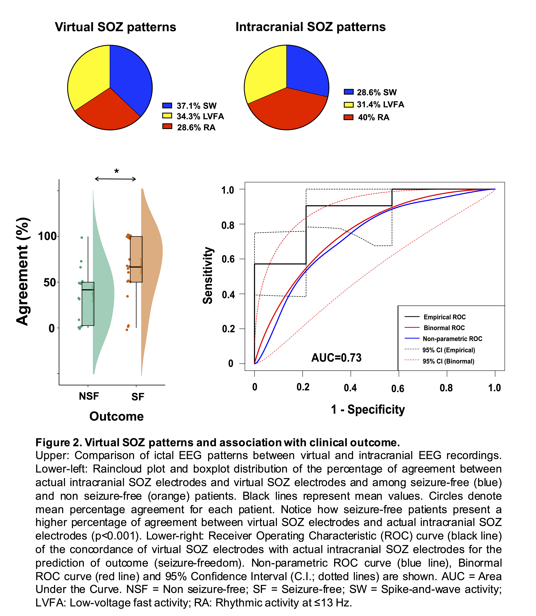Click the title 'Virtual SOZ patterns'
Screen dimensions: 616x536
pos(115,27)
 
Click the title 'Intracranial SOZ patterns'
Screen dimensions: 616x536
pos(310,27)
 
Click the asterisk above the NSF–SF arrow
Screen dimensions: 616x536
pos(116,171)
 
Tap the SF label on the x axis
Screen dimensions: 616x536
pos(138,397)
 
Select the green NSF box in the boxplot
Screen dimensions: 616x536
pos(88,304)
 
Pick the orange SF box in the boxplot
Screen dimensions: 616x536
pos(136,259)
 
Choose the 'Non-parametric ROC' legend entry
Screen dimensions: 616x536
pos(452,339)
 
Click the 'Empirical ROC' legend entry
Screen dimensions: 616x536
pos(444,317)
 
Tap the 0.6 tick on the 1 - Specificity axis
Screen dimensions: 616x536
pos(398,388)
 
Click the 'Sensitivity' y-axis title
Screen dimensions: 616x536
pos(208,275)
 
